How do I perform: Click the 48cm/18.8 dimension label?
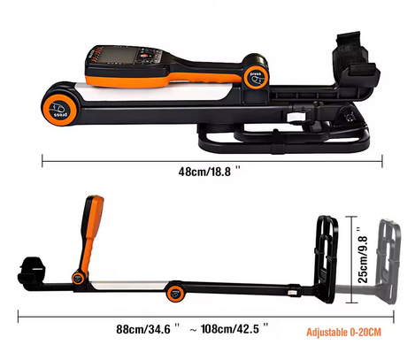[209, 171]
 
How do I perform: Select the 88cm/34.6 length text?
[148, 329]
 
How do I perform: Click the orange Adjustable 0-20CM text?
[343, 333]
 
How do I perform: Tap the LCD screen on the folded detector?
[115, 55]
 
